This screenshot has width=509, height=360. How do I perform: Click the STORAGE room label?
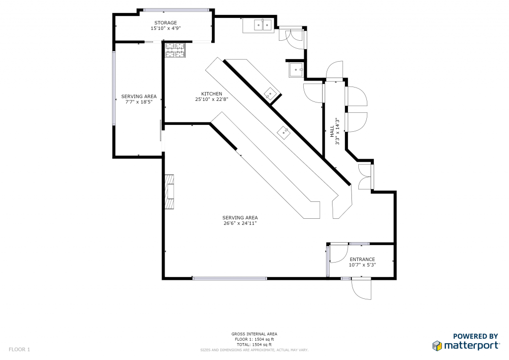(166, 23)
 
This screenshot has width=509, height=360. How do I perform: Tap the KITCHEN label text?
(212, 94)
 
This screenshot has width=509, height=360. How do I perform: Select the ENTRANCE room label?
(362, 260)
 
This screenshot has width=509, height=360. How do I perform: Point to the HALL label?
(332, 131)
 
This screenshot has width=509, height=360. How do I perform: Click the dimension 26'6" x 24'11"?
(240, 223)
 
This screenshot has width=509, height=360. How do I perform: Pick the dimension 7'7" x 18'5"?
(139, 102)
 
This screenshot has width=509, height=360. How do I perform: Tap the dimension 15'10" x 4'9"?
(166, 28)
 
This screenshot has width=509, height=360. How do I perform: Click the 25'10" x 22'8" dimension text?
(212, 99)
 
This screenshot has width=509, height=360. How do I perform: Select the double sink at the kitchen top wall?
(262, 25)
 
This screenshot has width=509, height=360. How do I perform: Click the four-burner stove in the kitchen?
(175, 50)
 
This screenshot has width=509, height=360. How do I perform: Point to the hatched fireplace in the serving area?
(169, 192)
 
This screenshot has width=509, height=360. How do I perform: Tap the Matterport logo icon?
(437, 346)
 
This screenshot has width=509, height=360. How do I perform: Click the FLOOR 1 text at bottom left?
(19, 350)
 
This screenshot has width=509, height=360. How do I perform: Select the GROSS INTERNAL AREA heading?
(254, 334)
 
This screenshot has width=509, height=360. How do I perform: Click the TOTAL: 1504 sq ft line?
(254, 345)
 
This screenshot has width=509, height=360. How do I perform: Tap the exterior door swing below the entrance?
(361, 289)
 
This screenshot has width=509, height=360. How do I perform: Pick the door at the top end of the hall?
(335, 70)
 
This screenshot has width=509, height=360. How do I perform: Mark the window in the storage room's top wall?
(176, 10)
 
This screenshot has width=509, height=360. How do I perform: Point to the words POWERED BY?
(475, 336)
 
